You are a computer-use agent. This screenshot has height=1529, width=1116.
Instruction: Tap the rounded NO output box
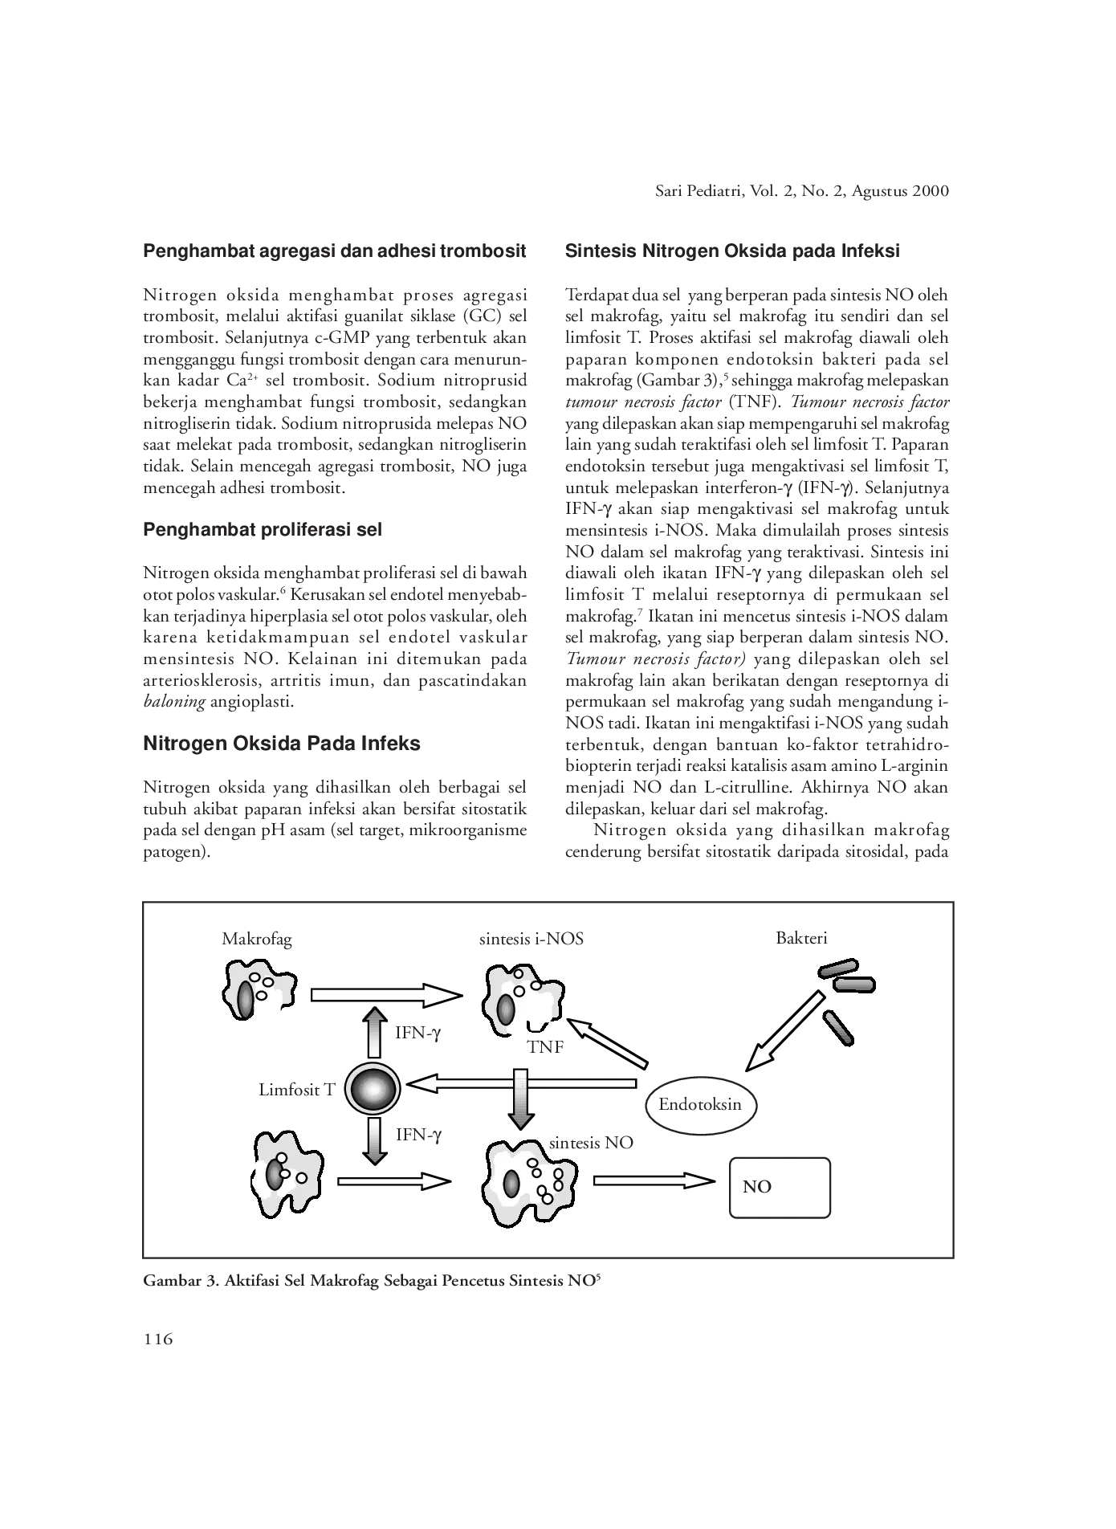click(x=779, y=1188)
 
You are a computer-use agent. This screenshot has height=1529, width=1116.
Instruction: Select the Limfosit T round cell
click(x=372, y=1088)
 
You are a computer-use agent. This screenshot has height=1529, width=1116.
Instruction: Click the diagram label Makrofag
click(x=257, y=938)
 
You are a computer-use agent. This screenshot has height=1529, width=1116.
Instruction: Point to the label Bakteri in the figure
click(x=801, y=937)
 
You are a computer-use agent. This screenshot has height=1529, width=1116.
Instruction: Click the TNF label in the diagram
click(x=545, y=1047)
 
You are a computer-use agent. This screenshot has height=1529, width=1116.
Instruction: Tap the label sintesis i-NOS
click(x=532, y=938)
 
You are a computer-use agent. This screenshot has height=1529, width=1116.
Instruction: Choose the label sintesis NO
click(x=591, y=1142)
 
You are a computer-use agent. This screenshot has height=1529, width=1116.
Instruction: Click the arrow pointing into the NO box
click(x=654, y=1180)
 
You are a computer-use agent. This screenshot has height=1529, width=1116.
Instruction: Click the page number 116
click(x=158, y=1339)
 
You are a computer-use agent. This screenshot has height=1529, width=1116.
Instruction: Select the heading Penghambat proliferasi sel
click(x=263, y=529)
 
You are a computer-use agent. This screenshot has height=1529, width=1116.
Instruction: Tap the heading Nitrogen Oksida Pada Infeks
click(x=282, y=744)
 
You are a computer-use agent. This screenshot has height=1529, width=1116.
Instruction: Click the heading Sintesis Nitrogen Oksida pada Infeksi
click(x=732, y=251)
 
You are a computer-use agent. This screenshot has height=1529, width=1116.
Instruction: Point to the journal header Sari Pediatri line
click(x=800, y=191)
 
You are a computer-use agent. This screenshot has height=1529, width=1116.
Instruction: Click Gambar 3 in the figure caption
click(x=177, y=1282)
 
